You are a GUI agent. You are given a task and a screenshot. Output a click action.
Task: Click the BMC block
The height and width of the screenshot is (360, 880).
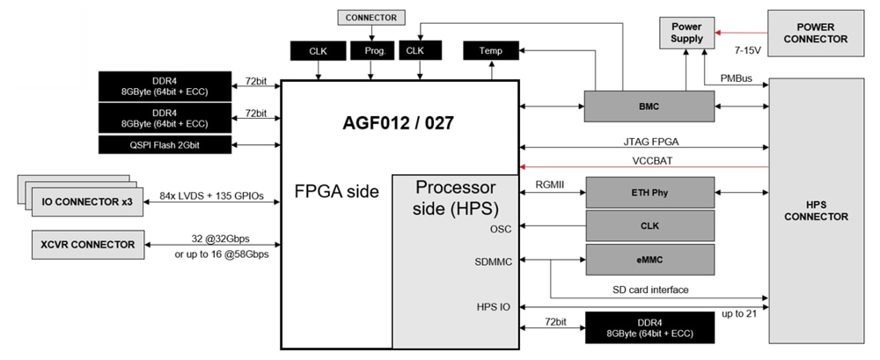[x=649, y=107]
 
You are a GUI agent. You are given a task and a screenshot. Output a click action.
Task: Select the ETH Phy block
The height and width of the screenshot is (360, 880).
[x=649, y=192]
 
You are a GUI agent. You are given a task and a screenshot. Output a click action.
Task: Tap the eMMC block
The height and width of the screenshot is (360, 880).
[x=649, y=260]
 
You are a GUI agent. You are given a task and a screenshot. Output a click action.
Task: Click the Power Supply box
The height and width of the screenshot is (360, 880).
[x=686, y=33]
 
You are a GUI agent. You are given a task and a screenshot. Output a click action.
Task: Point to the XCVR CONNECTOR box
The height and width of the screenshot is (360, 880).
[x=88, y=245]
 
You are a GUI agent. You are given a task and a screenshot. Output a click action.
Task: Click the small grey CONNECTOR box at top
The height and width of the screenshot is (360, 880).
[x=371, y=17]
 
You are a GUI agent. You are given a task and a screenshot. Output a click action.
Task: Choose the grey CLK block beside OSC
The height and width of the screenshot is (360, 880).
[x=649, y=225]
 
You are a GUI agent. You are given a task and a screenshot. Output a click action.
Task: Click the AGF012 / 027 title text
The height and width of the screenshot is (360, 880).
[x=398, y=122]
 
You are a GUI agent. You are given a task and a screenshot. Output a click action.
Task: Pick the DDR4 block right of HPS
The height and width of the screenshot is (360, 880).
[x=649, y=327]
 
